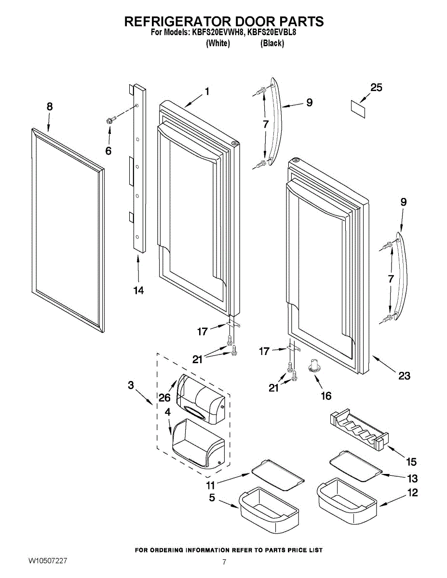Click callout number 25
pyautogui.click(x=376, y=87)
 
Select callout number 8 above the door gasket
pyautogui.click(x=50, y=106)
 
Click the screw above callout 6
pyautogui.click(x=111, y=120)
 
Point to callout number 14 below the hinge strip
pyautogui.click(x=139, y=290)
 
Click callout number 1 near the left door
pyautogui.click(x=207, y=92)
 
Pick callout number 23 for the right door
pyautogui.click(x=405, y=376)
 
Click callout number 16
pyautogui.click(x=326, y=396)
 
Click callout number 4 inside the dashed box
pyautogui.click(x=167, y=412)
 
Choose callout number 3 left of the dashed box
pyautogui.click(x=131, y=385)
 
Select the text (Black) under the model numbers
pyautogui.click(x=272, y=43)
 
